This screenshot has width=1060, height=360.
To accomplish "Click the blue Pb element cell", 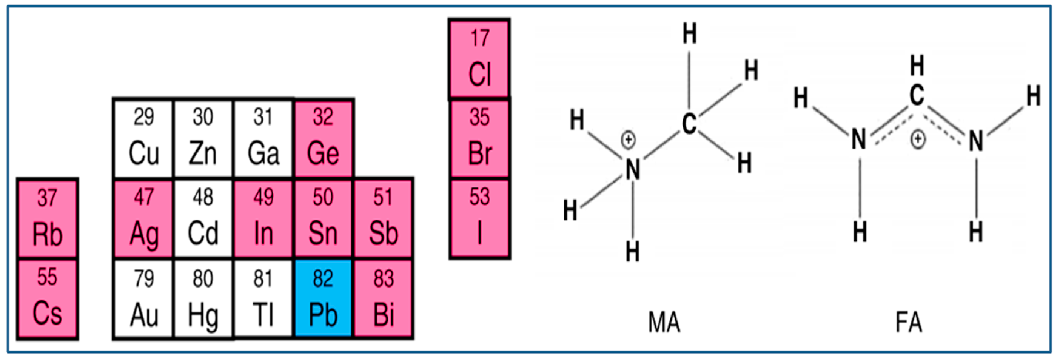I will coord(323,298).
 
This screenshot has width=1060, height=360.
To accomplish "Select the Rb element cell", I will coord(47,218).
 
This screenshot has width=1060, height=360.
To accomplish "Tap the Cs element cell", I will coord(47,298).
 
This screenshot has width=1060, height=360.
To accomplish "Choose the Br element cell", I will coord(479,138).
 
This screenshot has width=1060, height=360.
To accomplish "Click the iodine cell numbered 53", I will coord(479,218).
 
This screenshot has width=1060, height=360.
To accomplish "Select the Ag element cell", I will coord(143,218).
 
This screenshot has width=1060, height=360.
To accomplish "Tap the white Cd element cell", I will coord(203,218).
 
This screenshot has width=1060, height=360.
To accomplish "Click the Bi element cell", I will coord(384,298).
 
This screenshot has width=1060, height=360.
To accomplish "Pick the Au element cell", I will coord(143,298).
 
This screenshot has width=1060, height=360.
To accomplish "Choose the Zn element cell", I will coord(203,138).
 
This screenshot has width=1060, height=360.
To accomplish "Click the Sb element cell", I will coord(384,218).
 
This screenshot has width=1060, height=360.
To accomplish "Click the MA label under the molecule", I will coord(664,322).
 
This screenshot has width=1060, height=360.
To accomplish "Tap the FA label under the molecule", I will coord(909,322).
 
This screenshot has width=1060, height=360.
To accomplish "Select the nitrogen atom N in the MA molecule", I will coord(632,170).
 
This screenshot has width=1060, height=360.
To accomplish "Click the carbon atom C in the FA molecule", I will coord(916,96).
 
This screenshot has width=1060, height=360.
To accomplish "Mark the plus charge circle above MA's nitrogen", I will coord(628,140).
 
